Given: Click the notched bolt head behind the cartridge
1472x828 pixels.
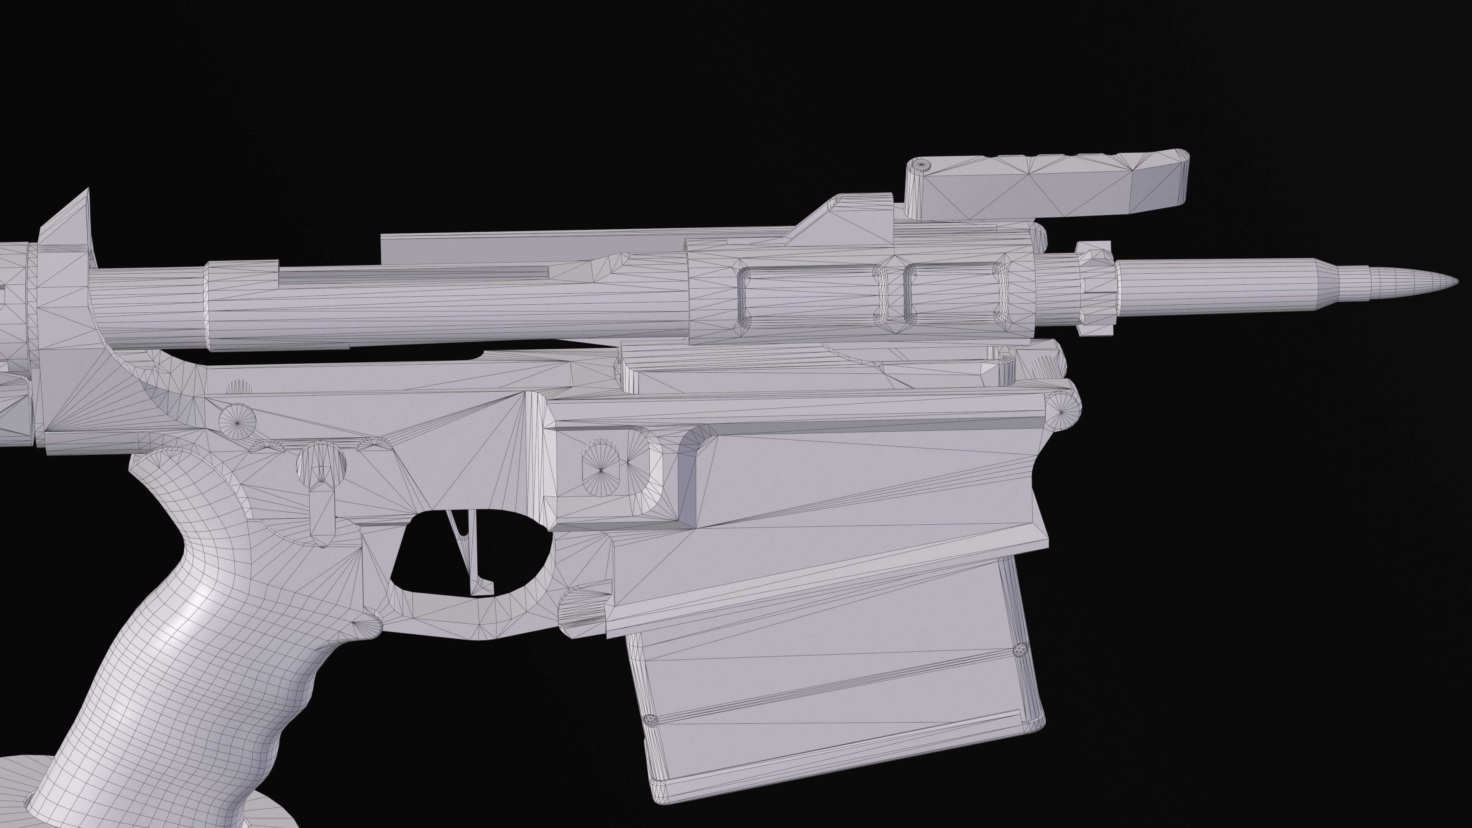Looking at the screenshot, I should tap(1094, 289).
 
